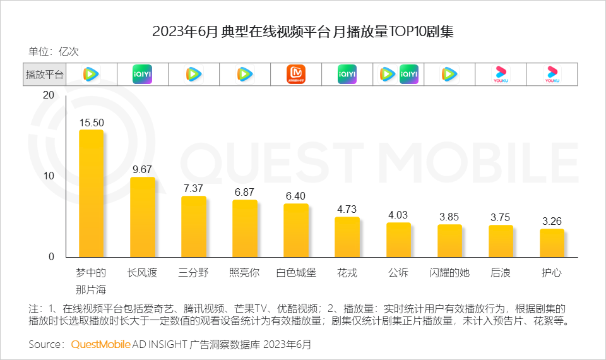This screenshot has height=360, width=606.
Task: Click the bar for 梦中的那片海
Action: [x=91, y=193]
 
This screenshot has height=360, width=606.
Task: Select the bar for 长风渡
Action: [x=142, y=217]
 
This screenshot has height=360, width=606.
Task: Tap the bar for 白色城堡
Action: [x=296, y=230]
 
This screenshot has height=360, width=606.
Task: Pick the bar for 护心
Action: [x=552, y=243]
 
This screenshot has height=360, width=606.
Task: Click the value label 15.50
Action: [x=91, y=123]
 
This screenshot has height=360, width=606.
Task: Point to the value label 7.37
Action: [x=193, y=188]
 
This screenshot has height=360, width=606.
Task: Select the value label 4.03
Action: [x=398, y=215]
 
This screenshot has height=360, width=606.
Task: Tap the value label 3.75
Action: [x=501, y=217]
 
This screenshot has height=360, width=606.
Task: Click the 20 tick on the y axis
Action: [x=49, y=95]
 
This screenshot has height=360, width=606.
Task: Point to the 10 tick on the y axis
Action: [x=49, y=176]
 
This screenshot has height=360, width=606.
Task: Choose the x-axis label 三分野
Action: [x=193, y=273]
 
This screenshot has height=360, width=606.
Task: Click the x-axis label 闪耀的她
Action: [x=449, y=273]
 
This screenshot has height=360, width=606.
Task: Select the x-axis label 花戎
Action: [x=347, y=273]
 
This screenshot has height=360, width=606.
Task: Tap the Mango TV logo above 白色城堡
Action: [x=296, y=75]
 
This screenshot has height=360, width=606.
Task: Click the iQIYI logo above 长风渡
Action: [x=142, y=75]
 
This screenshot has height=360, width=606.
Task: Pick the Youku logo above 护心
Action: [x=552, y=75]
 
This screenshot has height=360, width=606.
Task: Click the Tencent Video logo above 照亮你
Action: [x=244, y=75]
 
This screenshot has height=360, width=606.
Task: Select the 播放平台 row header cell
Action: [x=44, y=75]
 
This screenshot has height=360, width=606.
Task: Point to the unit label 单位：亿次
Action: [x=54, y=52]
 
